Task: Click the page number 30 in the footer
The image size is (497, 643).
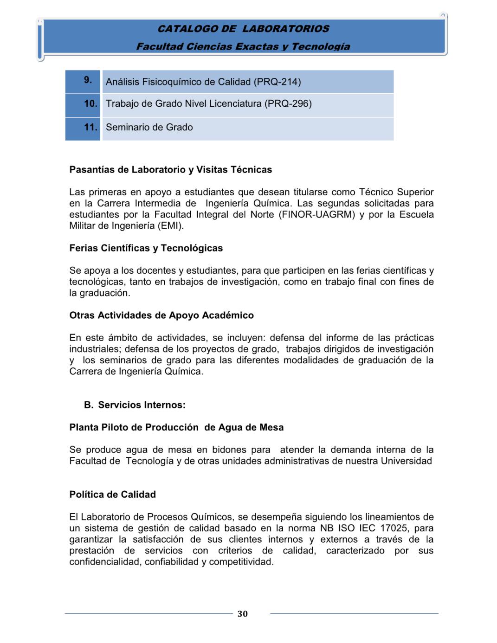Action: pos(243,614)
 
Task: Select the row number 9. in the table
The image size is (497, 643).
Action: pos(88,80)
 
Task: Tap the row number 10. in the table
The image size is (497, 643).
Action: pos(90,103)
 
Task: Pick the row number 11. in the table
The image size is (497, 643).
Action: pos(90,127)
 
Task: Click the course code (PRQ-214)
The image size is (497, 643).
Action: pos(277,82)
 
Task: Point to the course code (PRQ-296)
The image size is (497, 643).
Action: pos(288,103)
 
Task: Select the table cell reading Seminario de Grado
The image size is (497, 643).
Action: pos(149,127)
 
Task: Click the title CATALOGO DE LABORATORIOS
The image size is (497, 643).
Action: pos(243,29)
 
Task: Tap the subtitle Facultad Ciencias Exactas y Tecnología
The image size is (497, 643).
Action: pos(243,46)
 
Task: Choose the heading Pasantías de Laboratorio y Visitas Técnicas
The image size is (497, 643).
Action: pos(171,170)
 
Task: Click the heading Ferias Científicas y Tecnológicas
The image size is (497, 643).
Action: pos(146,248)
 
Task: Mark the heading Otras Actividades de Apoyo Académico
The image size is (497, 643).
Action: pos(161,315)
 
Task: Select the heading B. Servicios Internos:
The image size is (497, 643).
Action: pos(135,405)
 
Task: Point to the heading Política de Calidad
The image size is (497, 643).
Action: pos(113,495)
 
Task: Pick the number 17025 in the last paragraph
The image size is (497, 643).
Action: pos(394,528)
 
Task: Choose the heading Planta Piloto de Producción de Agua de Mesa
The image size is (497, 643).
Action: pos(176,428)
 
